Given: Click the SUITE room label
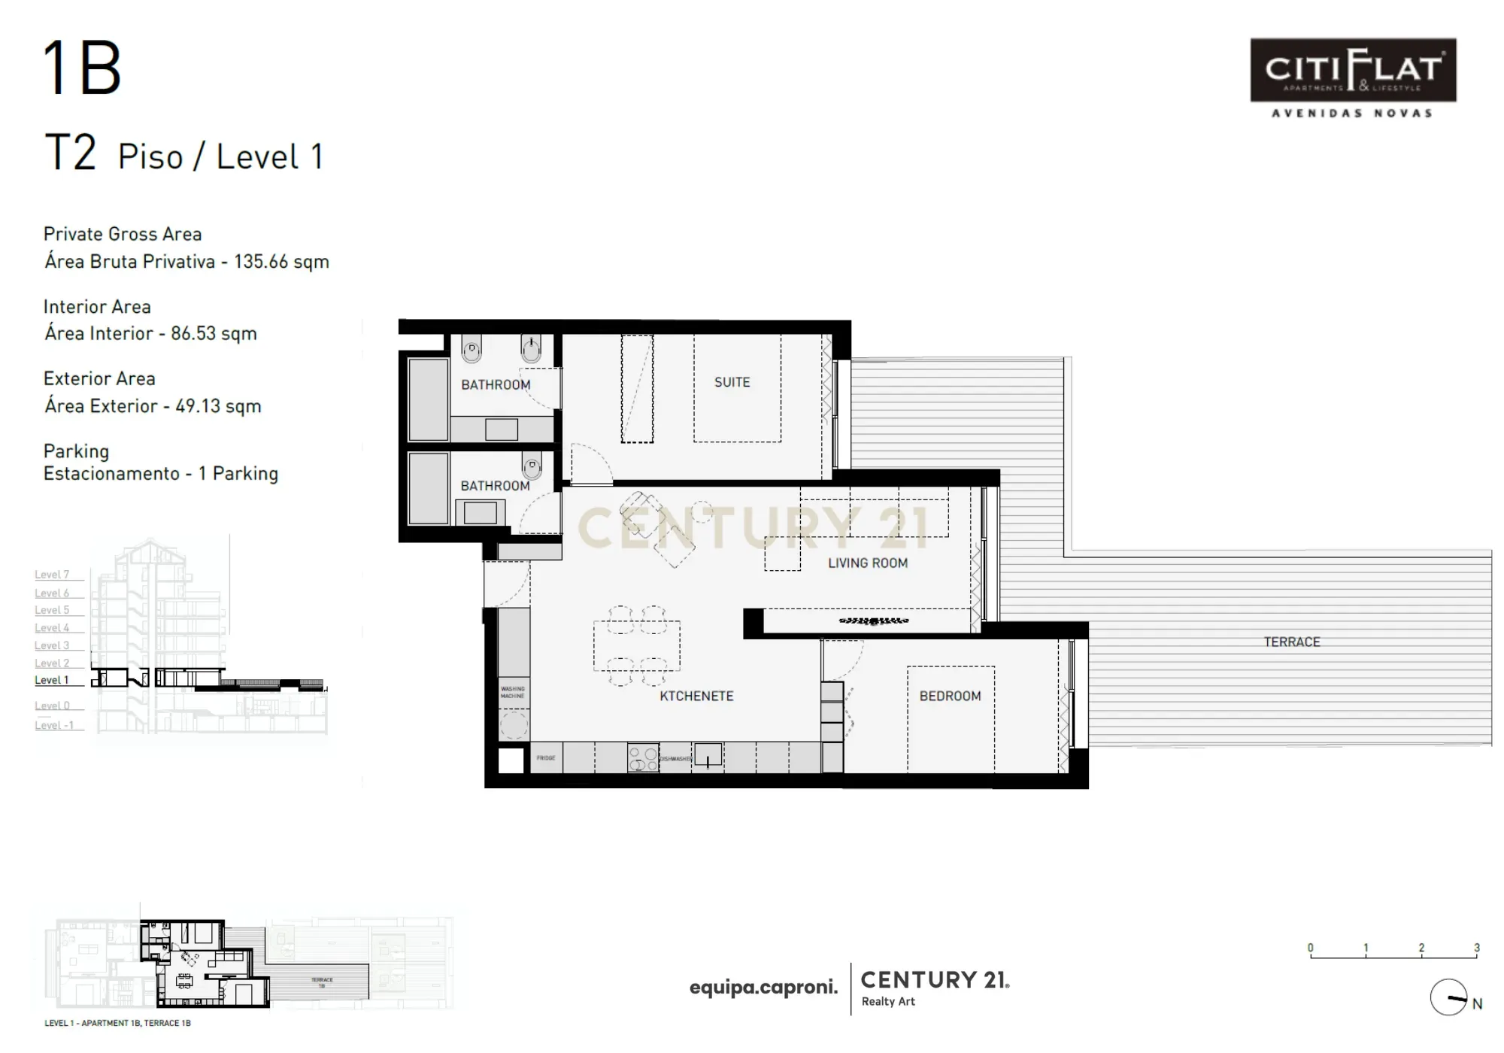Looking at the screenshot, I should click(x=732, y=382).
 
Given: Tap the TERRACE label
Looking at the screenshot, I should click(x=1291, y=642).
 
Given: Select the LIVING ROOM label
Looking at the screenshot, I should click(x=867, y=563).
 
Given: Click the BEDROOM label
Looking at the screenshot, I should click(x=950, y=696).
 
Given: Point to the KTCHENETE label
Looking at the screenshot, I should click(x=696, y=696).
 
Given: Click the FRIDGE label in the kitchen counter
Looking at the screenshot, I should click(x=546, y=757).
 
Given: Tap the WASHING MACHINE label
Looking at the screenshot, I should click(x=513, y=692).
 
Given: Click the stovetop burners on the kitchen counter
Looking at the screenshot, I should click(x=643, y=757).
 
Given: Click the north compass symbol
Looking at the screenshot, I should click(x=1448, y=997).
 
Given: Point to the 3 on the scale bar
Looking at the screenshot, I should click(x=1476, y=948).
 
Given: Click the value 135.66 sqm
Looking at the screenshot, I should click(x=281, y=262).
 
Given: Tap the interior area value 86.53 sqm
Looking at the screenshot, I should click(x=214, y=333).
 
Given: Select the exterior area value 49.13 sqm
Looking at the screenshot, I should click(x=218, y=406).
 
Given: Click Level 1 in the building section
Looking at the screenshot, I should click(x=52, y=680).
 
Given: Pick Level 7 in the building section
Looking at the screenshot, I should click(x=52, y=575).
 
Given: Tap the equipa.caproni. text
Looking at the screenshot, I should click(x=763, y=988).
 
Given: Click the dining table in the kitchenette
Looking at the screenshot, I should click(x=636, y=645).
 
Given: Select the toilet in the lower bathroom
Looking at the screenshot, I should click(x=532, y=468).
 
